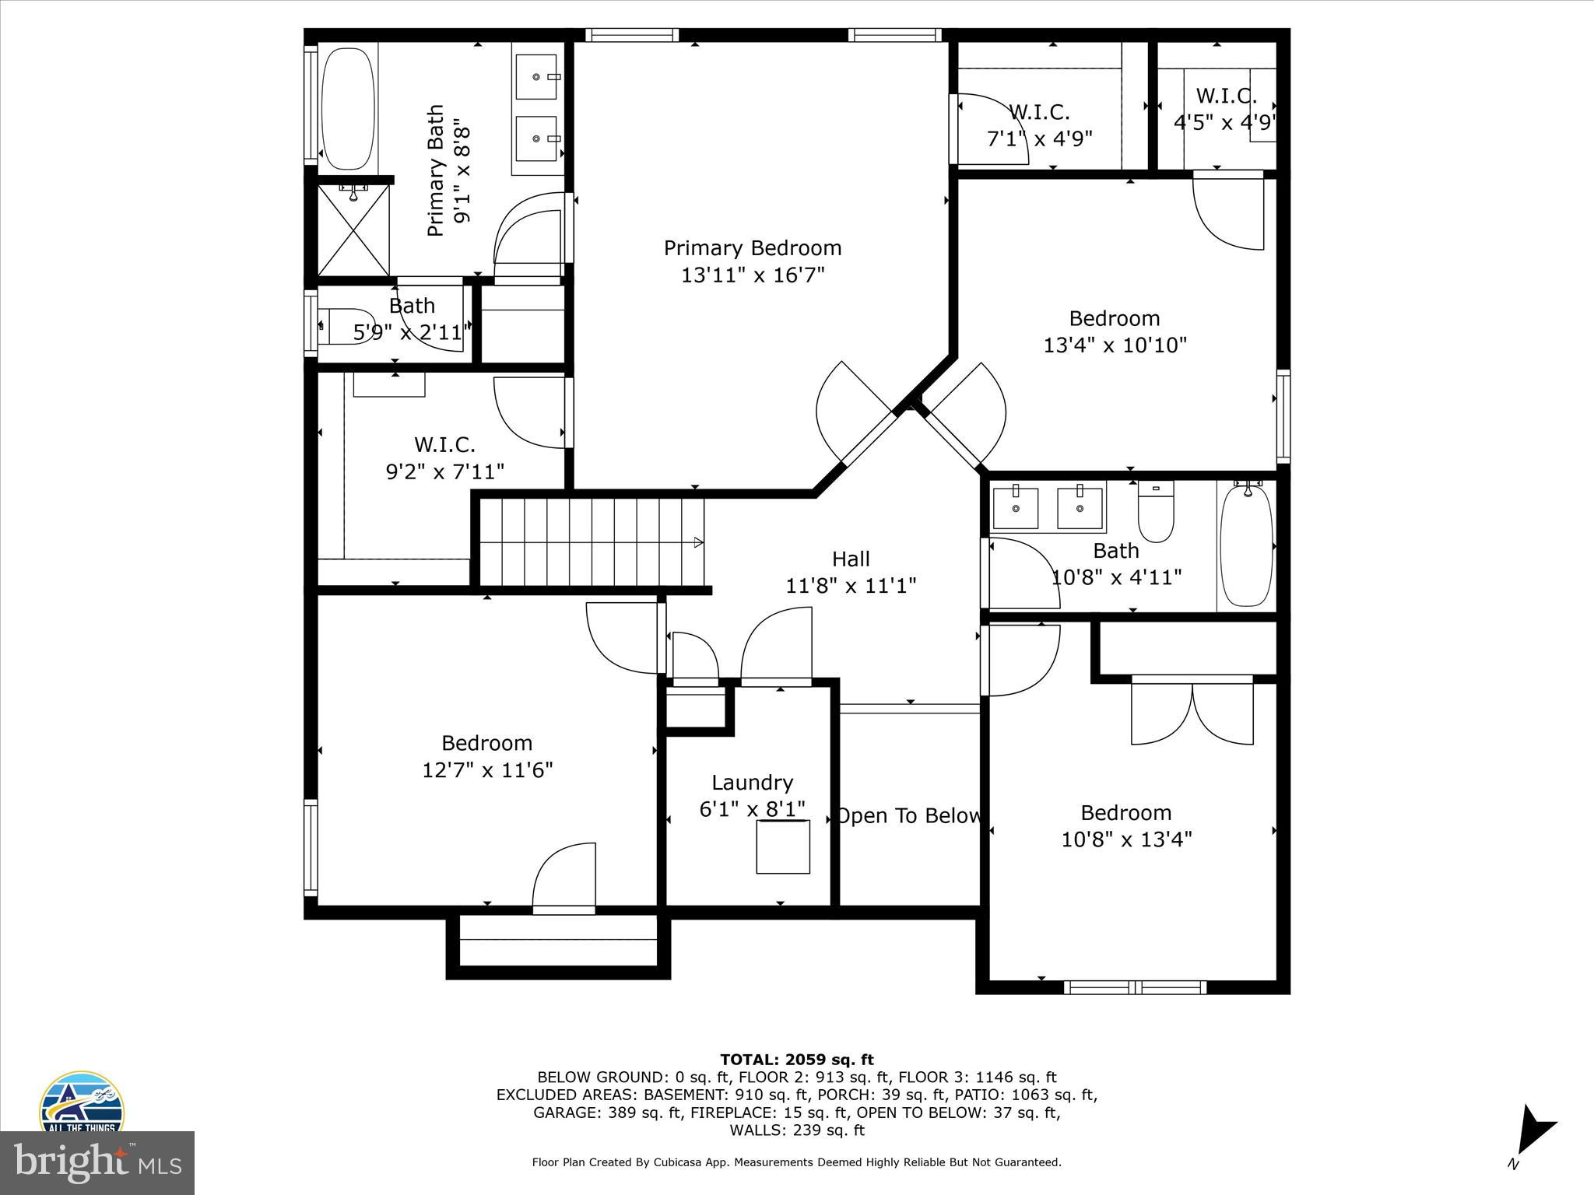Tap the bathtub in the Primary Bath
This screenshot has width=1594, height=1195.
click(347, 109)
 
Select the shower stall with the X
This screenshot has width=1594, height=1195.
click(354, 230)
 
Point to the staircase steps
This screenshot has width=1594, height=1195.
click(592, 541)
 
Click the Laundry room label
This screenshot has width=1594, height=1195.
click(752, 783)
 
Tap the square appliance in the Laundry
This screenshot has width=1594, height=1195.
click(783, 846)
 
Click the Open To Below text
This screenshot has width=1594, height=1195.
click(908, 816)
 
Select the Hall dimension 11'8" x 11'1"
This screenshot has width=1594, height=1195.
click(851, 585)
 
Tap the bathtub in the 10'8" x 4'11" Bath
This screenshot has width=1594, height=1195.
click(1246, 545)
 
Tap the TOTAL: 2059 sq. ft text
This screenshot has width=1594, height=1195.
click(796, 1060)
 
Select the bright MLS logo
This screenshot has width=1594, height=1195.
click(97, 1162)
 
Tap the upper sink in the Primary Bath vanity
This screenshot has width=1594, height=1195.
click(536, 77)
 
